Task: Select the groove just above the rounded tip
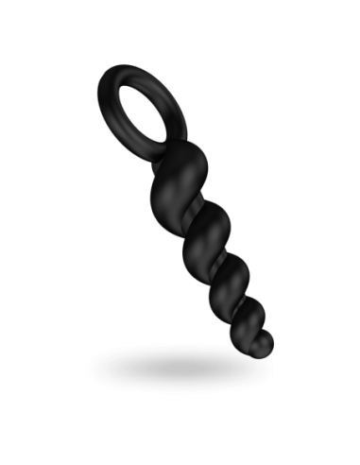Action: [x=264, y=330]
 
